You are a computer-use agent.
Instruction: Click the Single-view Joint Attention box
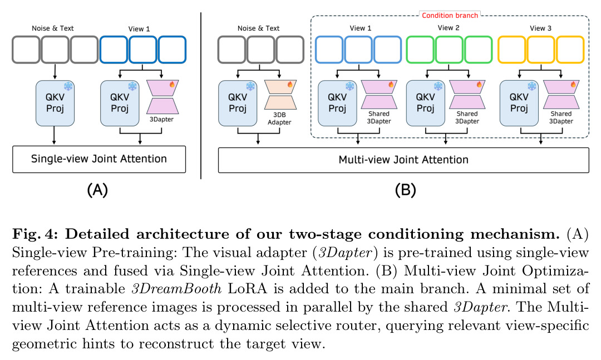99,159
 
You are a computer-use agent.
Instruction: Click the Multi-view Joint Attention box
403,160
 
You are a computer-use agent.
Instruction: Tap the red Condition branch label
450,16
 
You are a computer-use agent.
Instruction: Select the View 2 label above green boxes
449,28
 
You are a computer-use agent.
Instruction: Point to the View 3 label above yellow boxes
540,28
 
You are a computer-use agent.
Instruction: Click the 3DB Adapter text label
279,119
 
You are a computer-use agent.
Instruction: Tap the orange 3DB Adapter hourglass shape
280,95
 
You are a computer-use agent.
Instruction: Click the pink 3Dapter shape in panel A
162,97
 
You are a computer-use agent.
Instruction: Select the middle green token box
449,50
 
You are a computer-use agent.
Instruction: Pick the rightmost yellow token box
570,50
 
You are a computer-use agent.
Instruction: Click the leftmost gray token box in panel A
26,50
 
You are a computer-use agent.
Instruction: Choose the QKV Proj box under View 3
519,103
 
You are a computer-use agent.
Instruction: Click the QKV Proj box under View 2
426,103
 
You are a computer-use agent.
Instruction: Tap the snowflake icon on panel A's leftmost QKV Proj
68,86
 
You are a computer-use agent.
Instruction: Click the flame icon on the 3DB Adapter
290,83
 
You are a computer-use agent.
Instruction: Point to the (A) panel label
97,190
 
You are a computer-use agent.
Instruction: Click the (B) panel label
405,190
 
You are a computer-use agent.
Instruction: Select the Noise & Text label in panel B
258,28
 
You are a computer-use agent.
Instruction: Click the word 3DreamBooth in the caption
176,288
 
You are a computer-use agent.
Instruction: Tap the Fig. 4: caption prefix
35,234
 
